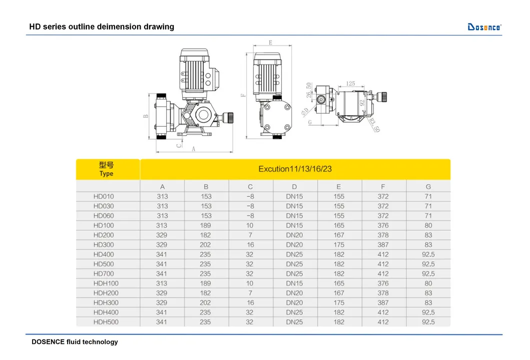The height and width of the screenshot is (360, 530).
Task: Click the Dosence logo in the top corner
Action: [484, 27]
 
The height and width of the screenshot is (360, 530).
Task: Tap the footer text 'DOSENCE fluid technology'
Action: [75, 342]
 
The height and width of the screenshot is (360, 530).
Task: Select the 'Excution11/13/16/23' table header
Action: [295, 169]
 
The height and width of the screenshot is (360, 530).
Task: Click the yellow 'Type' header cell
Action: [106, 169]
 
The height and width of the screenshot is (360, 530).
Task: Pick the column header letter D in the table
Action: [295, 187]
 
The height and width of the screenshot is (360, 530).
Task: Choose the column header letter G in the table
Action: [428, 187]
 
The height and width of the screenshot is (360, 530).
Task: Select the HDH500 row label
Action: [106, 322]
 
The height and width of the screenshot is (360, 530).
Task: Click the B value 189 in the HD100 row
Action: [206, 225]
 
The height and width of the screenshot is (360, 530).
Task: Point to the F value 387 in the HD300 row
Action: [383, 245]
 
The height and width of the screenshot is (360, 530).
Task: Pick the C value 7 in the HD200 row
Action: [250, 235]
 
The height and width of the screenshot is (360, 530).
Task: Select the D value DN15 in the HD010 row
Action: [294, 196]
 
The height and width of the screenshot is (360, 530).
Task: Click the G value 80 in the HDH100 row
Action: [428, 283]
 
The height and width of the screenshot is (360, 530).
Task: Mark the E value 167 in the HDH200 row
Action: [339, 293]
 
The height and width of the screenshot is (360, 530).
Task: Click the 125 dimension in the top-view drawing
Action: [350, 84]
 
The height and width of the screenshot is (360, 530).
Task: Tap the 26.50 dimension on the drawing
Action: [309, 91]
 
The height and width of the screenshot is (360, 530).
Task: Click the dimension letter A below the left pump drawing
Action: [194, 148]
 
